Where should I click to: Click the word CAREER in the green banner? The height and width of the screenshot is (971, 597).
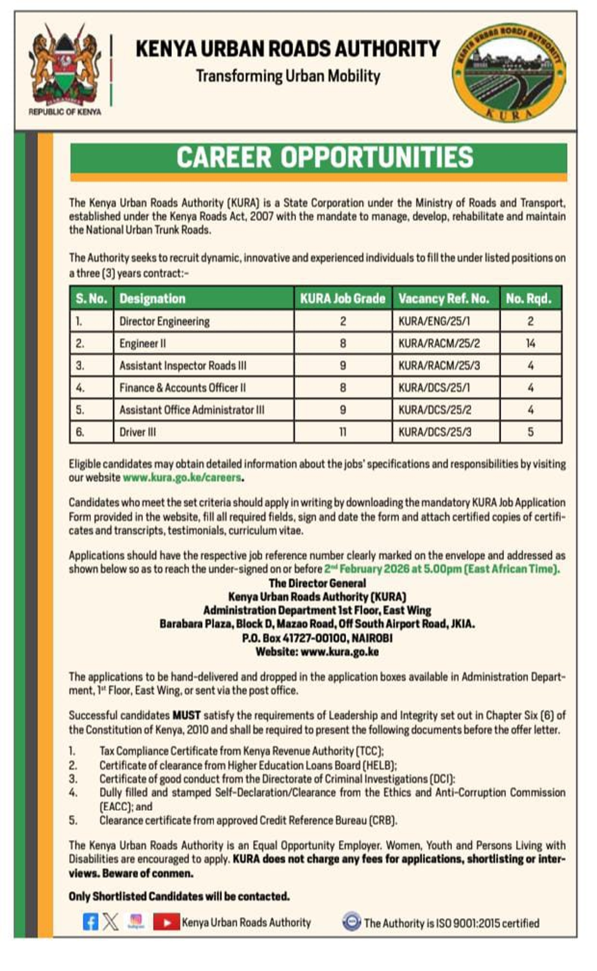(224, 157)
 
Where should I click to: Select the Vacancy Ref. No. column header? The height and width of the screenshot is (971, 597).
(444, 298)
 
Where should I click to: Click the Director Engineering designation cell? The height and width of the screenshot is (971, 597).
(165, 321)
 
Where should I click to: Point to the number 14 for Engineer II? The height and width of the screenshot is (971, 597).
(530, 343)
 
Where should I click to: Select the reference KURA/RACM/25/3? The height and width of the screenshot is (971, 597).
(439, 365)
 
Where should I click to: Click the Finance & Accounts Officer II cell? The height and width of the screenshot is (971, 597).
(182, 388)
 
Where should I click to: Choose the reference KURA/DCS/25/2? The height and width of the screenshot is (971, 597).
(435, 410)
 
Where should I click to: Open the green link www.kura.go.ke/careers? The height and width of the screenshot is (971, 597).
(182, 477)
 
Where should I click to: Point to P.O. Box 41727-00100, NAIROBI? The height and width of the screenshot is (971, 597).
(317, 638)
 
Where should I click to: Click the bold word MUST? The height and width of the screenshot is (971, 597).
(187, 715)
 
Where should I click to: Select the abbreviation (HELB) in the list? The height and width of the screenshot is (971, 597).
(379, 766)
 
